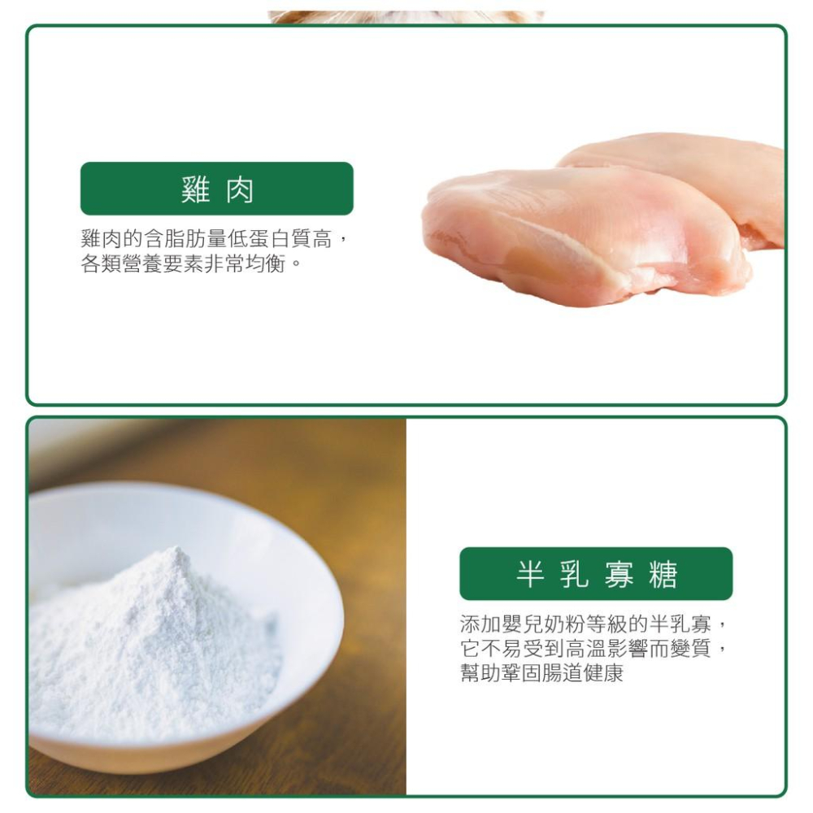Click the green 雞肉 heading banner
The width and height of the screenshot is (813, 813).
tap(216, 189)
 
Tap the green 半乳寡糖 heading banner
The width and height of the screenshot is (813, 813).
tap(596, 574)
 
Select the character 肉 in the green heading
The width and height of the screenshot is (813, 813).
tap(240, 189)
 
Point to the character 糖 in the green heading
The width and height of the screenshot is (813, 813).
tap(663, 575)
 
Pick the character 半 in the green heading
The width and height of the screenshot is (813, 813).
tap(530, 575)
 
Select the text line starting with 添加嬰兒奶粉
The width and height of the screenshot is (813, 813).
tap(591, 624)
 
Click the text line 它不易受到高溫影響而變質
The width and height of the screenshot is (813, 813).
tap(591, 650)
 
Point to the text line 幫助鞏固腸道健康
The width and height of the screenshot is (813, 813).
tap(541, 674)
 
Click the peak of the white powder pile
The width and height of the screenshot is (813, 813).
tap(172, 555)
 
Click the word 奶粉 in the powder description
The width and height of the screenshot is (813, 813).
tap(560, 624)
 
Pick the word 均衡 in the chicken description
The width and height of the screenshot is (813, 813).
tap(265, 264)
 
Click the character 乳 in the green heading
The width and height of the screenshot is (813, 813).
tap(574, 575)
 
